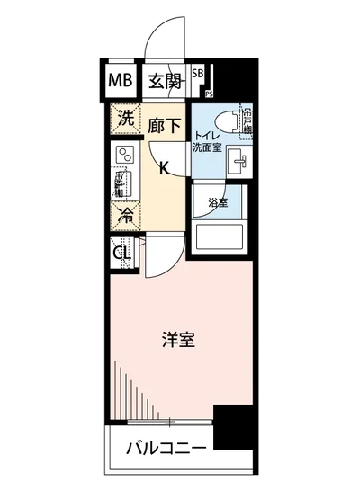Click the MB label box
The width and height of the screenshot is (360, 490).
pyautogui.click(x=121, y=82)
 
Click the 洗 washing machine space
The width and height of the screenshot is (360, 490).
pyautogui.click(x=126, y=119)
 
